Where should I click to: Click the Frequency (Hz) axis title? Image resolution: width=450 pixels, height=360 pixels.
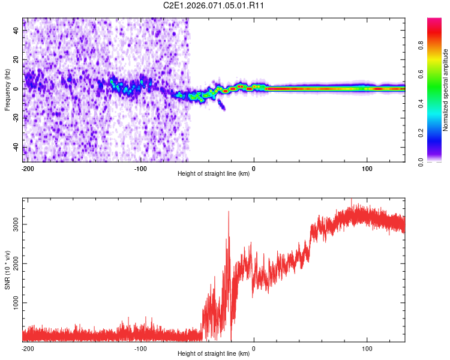pyautogui.click(x=7, y=90)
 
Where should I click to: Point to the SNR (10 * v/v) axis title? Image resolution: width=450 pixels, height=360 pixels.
pyautogui.click(x=7, y=270)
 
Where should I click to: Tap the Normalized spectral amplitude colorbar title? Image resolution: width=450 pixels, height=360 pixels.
pyautogui.click(x=446, y=90)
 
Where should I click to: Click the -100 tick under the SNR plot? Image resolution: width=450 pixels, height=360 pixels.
pyautogui.click(x=140, y=349)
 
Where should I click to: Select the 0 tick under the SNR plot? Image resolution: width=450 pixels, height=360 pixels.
pyautogui.click(x=254, y=349)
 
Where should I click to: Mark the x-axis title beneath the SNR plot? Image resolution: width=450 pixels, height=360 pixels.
pyautogui.click(x=214, y=354)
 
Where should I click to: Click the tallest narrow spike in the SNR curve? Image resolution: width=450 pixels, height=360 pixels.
pyautogui.click(x=229, y=212)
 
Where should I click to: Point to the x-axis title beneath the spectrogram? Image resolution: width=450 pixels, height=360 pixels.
pyautogui.click(x=214, y=174)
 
